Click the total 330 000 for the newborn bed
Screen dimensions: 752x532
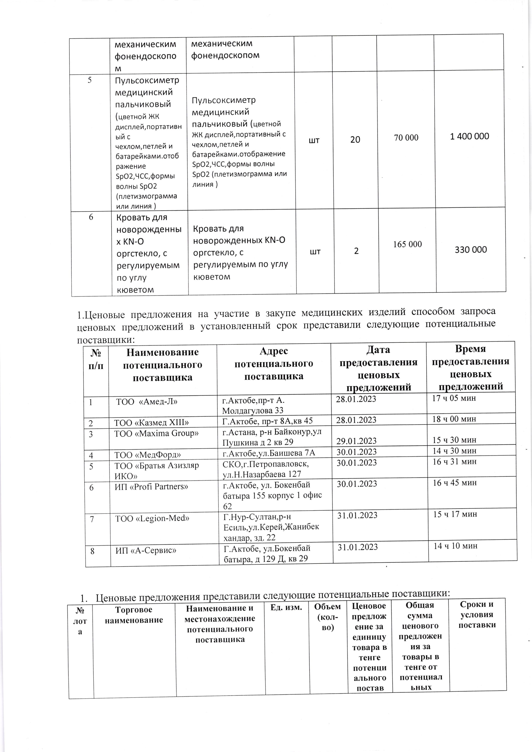(471, 250)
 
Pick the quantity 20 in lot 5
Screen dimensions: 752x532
(355, 140)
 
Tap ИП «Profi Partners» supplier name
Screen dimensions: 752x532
(151, 487)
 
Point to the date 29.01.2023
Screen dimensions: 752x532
(356, 441)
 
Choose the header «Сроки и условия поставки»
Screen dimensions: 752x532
(477, 614)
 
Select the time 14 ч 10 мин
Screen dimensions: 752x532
(455, 546)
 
